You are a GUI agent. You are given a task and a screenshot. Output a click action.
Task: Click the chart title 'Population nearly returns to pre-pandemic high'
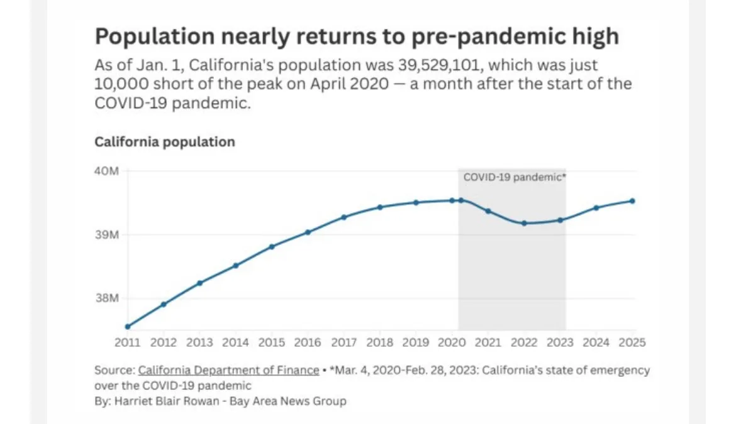[357, 36]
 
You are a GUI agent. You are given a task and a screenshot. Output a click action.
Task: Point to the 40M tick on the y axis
[107, 171]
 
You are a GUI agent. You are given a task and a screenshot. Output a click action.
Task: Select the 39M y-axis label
[107, 235]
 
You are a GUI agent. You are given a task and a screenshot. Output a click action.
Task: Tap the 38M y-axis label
[107, 298]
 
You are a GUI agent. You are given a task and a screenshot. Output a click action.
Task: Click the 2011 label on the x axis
[128, 343]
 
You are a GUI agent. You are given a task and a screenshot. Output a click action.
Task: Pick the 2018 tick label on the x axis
[380, 343]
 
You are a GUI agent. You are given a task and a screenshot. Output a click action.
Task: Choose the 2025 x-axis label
[632, 343]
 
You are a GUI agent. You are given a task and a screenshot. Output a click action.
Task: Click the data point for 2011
[128, 327]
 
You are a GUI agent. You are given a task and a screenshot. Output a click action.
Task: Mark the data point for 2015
[272, 246]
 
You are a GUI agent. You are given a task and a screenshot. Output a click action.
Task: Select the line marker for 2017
[344, 217]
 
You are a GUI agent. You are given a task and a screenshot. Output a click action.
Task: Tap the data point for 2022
[524, 223]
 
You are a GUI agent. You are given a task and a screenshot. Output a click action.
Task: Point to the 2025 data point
[632, 201]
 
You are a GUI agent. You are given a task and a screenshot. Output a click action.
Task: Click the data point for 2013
[200, 283]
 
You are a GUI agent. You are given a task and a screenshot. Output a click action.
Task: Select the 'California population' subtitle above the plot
[165, 142]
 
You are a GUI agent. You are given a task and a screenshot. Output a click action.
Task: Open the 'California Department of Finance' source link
[228, 371]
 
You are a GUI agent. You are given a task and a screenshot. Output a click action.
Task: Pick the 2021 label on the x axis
[488, 343]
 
